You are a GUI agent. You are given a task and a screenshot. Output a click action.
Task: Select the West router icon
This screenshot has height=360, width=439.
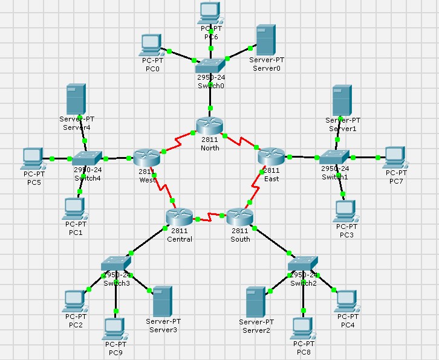146,158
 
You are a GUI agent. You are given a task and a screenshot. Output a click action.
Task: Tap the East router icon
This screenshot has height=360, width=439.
270,156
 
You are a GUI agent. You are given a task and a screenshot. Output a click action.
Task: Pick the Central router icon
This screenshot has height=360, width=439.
179,216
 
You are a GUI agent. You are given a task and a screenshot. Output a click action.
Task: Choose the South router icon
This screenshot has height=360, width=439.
240,216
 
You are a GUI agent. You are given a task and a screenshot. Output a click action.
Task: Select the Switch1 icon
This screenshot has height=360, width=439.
334,157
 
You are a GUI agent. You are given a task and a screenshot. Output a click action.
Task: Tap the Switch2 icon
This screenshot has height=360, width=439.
302,265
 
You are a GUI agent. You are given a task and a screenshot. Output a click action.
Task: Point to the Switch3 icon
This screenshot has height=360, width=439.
116,265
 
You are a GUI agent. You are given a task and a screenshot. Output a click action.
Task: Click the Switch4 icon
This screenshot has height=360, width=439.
87,158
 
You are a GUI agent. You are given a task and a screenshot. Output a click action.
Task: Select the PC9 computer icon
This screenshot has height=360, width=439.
114,328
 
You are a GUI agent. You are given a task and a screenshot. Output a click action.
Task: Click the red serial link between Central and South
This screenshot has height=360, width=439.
209,215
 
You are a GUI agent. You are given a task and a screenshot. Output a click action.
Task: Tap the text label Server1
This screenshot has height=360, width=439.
343,129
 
